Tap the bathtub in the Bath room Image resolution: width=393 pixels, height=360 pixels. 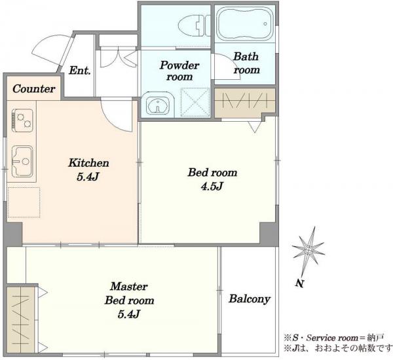tap(244, 24)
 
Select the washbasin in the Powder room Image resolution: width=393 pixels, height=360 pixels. tap(158, 105)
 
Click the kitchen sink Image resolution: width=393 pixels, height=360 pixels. tap(22, 160)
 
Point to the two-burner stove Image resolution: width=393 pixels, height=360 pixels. tap(22, 120)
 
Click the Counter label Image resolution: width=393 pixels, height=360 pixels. tap(34, 88)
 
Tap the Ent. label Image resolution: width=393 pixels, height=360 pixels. tap(80, 71)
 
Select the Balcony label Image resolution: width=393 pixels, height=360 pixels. tap(250, 298)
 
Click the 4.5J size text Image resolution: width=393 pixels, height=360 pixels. tap(212, 186)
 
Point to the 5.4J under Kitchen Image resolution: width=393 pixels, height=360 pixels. tap(88, 177)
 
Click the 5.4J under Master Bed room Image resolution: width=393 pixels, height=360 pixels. tap(129, 314)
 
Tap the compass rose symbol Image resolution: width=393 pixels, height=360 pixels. tap(309, 249)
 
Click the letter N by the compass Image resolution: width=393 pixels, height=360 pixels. tap(300, 283)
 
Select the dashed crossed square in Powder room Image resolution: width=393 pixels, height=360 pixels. tap(195, 102)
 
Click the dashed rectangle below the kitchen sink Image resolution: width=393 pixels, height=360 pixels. tap(24, 202)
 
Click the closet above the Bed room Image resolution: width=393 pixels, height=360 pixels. tap(244, 103)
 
